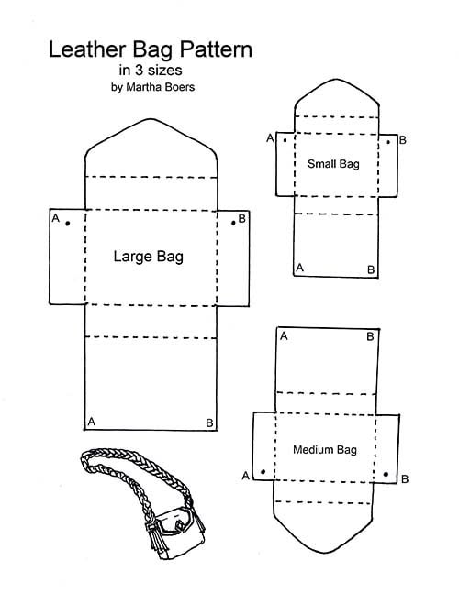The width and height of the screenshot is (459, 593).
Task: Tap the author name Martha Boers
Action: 161,87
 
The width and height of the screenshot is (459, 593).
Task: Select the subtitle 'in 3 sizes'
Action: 151,70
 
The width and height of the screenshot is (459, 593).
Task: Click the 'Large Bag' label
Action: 149,257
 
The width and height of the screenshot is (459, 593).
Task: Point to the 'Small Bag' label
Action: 333,164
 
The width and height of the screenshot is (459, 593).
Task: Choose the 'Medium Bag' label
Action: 325,450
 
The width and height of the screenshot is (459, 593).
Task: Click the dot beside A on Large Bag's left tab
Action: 67,224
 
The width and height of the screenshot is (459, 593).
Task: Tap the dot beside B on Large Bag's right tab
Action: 233,223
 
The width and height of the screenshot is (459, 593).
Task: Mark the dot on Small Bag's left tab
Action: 285,140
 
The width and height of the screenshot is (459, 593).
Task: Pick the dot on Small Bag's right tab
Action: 388,142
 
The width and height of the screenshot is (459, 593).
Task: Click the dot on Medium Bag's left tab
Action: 263,472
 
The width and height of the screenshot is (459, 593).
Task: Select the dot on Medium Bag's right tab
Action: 386,474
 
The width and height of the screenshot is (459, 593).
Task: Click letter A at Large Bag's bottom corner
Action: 91,422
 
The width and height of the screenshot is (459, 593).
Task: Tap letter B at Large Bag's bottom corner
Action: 209,423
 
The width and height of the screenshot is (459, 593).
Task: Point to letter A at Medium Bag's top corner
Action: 284,335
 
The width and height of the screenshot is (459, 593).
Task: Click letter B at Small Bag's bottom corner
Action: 371,269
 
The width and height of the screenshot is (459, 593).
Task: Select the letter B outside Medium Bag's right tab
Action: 405,479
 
